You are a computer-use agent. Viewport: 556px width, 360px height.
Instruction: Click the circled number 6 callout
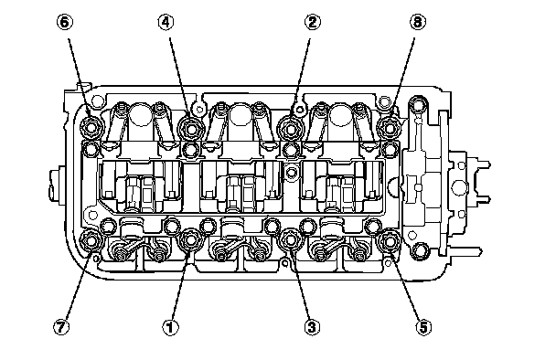[x=65, y=22]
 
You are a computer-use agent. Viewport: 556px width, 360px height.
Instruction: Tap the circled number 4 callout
[x=166, y=22]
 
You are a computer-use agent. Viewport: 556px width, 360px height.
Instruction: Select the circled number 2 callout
[x=312, y=22]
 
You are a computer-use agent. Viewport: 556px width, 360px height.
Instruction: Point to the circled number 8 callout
[x=418, y=22]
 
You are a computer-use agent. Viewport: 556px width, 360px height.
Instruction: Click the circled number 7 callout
[x=61, y=327]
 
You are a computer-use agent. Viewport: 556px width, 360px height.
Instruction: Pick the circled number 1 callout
[x=171, y=327]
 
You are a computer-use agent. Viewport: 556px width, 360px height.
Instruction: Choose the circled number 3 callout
[x=312, y=327]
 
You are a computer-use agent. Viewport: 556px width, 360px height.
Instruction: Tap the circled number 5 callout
[x=423, y=327]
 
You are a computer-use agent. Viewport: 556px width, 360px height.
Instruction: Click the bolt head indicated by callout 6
[x=91, y=127]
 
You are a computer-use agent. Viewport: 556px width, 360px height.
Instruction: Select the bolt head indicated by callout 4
[x=191, y=129]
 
